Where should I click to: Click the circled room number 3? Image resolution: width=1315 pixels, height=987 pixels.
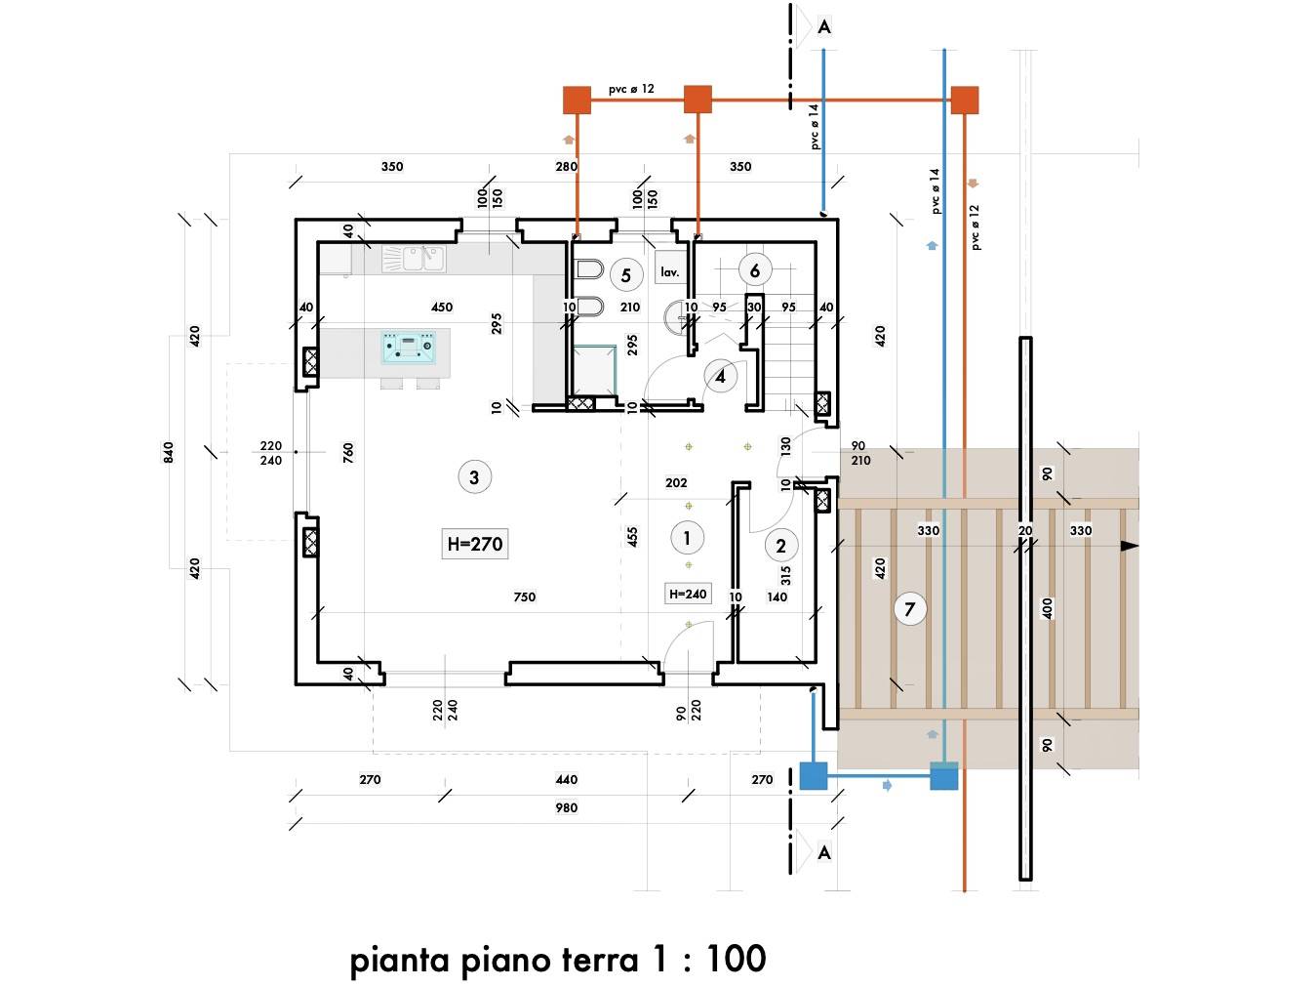coord(474,477)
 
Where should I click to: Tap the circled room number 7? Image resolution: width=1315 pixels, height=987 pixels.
coord(910,609)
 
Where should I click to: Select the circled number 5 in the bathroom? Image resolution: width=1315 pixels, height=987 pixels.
coord(626,275)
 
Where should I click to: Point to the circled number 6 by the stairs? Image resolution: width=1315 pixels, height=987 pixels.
coord(755,270)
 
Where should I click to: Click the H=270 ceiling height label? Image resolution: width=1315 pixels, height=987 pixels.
coord(475,544)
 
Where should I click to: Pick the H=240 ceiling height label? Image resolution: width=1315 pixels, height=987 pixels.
coord(688,594)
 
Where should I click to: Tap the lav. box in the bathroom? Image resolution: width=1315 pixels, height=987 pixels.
coord(670,271)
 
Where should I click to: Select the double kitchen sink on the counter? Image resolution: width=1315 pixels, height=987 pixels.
coord(423,259)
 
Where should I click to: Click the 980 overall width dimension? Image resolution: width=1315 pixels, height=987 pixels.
coord(566,807)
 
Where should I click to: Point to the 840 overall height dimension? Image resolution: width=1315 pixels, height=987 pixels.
coord(169,452)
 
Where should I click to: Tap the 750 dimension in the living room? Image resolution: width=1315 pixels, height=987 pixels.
coord(524,596)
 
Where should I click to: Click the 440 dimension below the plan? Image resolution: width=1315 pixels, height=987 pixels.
coord(566,780)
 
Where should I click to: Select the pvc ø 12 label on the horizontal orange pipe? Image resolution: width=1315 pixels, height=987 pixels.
coord(631,89)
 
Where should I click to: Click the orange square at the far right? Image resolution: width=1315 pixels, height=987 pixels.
coord(965,101)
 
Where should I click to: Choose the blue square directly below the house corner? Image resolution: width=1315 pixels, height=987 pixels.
coord(814,776)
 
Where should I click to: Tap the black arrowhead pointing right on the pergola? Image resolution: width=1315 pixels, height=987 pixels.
coord(1130,546)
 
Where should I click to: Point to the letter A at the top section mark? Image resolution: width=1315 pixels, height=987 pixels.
coord(824,27)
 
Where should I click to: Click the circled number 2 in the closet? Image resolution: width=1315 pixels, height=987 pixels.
coord(780,546)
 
